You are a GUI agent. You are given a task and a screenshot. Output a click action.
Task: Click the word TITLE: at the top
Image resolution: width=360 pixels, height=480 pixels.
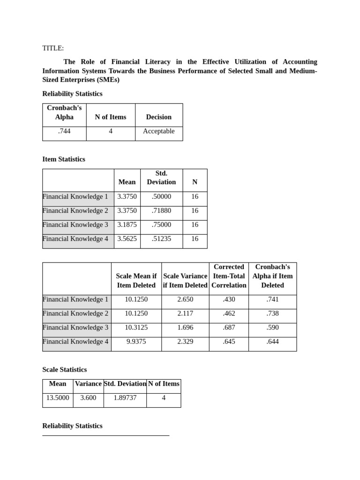pyautogui.click(x=53, y=48)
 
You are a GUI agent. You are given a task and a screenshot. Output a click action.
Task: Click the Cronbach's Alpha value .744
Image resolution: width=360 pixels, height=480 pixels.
pyautogui.click(x=64, y=131)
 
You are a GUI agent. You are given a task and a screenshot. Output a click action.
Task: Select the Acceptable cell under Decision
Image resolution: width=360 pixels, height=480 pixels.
pyautogui.click(x=158, y=131)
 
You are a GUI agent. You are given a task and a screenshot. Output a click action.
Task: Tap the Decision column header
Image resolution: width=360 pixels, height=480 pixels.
pyautogui.click(x=158, y=117)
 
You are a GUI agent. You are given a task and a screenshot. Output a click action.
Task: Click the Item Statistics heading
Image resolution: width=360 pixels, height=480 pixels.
pyautogui.click(x=64, y=159)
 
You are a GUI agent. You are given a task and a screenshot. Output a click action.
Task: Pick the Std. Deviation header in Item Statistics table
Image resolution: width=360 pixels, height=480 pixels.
pyautogui.click(x=161, y=178)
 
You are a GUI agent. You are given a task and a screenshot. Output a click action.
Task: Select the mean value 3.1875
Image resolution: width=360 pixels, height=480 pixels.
pyautogui.click(x=127, y=225)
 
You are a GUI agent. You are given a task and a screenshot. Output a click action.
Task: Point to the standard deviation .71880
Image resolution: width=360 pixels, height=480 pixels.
pyautogui.click(x=161, y=210)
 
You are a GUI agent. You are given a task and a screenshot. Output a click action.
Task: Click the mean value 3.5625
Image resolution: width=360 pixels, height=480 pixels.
pyautogui.click(x=127, y=239)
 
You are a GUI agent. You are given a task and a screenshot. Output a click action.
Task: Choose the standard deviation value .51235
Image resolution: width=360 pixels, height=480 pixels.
pyautogui.click(x=161, y=239)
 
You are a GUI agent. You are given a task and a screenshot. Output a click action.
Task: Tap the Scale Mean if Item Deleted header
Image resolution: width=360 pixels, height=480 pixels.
pyautogui.click(x=136, y=281)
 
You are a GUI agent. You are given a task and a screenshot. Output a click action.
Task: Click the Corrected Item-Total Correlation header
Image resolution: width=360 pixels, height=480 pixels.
pyautogui.click(x=229, y=276)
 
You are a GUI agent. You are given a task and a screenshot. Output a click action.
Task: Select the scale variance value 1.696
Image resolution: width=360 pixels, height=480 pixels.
pyautogui.click(x=185, y=327)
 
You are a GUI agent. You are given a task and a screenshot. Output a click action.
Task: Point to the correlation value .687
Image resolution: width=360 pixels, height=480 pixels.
pyautogui.click(x=229, y=327)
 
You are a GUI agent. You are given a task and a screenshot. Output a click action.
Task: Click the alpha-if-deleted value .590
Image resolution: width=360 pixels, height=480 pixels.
pyautogui.click(x=272, y=327)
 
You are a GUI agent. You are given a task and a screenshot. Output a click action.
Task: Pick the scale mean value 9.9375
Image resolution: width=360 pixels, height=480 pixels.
pyautogui.click(x=136, y=341)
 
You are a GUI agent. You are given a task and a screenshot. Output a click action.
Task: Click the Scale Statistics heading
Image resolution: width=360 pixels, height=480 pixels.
pyautogui.click(x=64, y=369)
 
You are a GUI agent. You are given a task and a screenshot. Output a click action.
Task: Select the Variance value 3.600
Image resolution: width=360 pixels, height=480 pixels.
pyautogui.click(x=88, y=397)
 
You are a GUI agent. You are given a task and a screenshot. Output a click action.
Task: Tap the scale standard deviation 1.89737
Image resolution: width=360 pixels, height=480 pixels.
pyautogui.click(x=125, y=397)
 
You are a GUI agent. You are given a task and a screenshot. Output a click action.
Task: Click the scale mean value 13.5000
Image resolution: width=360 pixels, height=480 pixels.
pyautogui.click(x=58, y=397)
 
